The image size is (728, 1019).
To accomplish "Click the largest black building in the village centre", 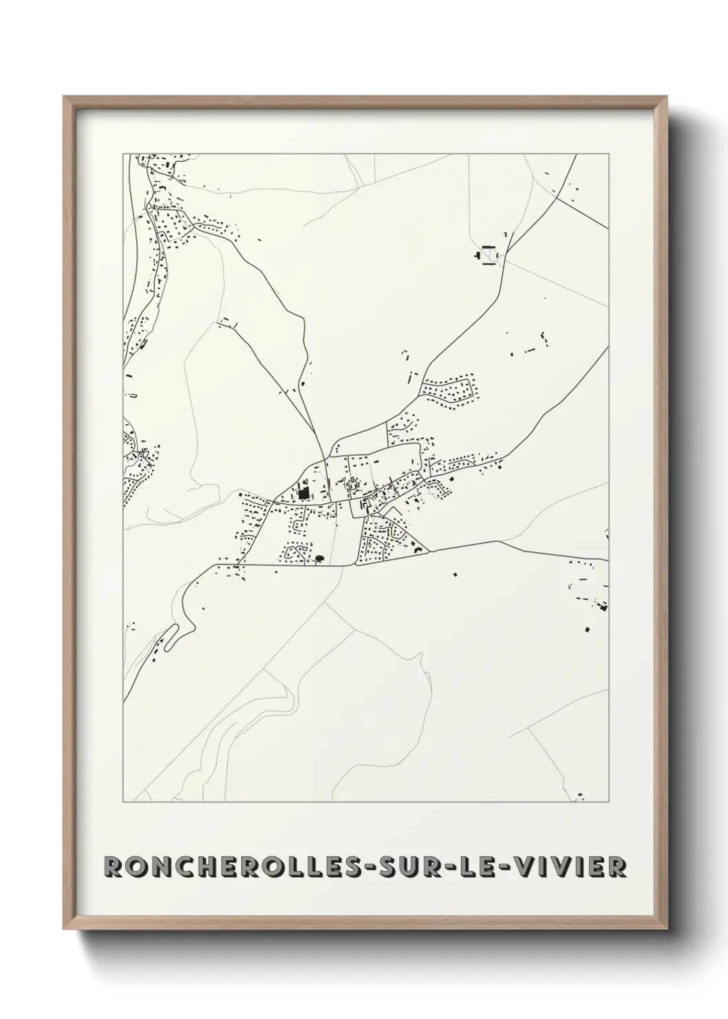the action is point(303,494).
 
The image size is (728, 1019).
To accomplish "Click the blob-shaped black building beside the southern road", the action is point(319,558).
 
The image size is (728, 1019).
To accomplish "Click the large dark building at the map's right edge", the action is point(604,607).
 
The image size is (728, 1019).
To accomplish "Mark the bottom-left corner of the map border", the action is point(123,802).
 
